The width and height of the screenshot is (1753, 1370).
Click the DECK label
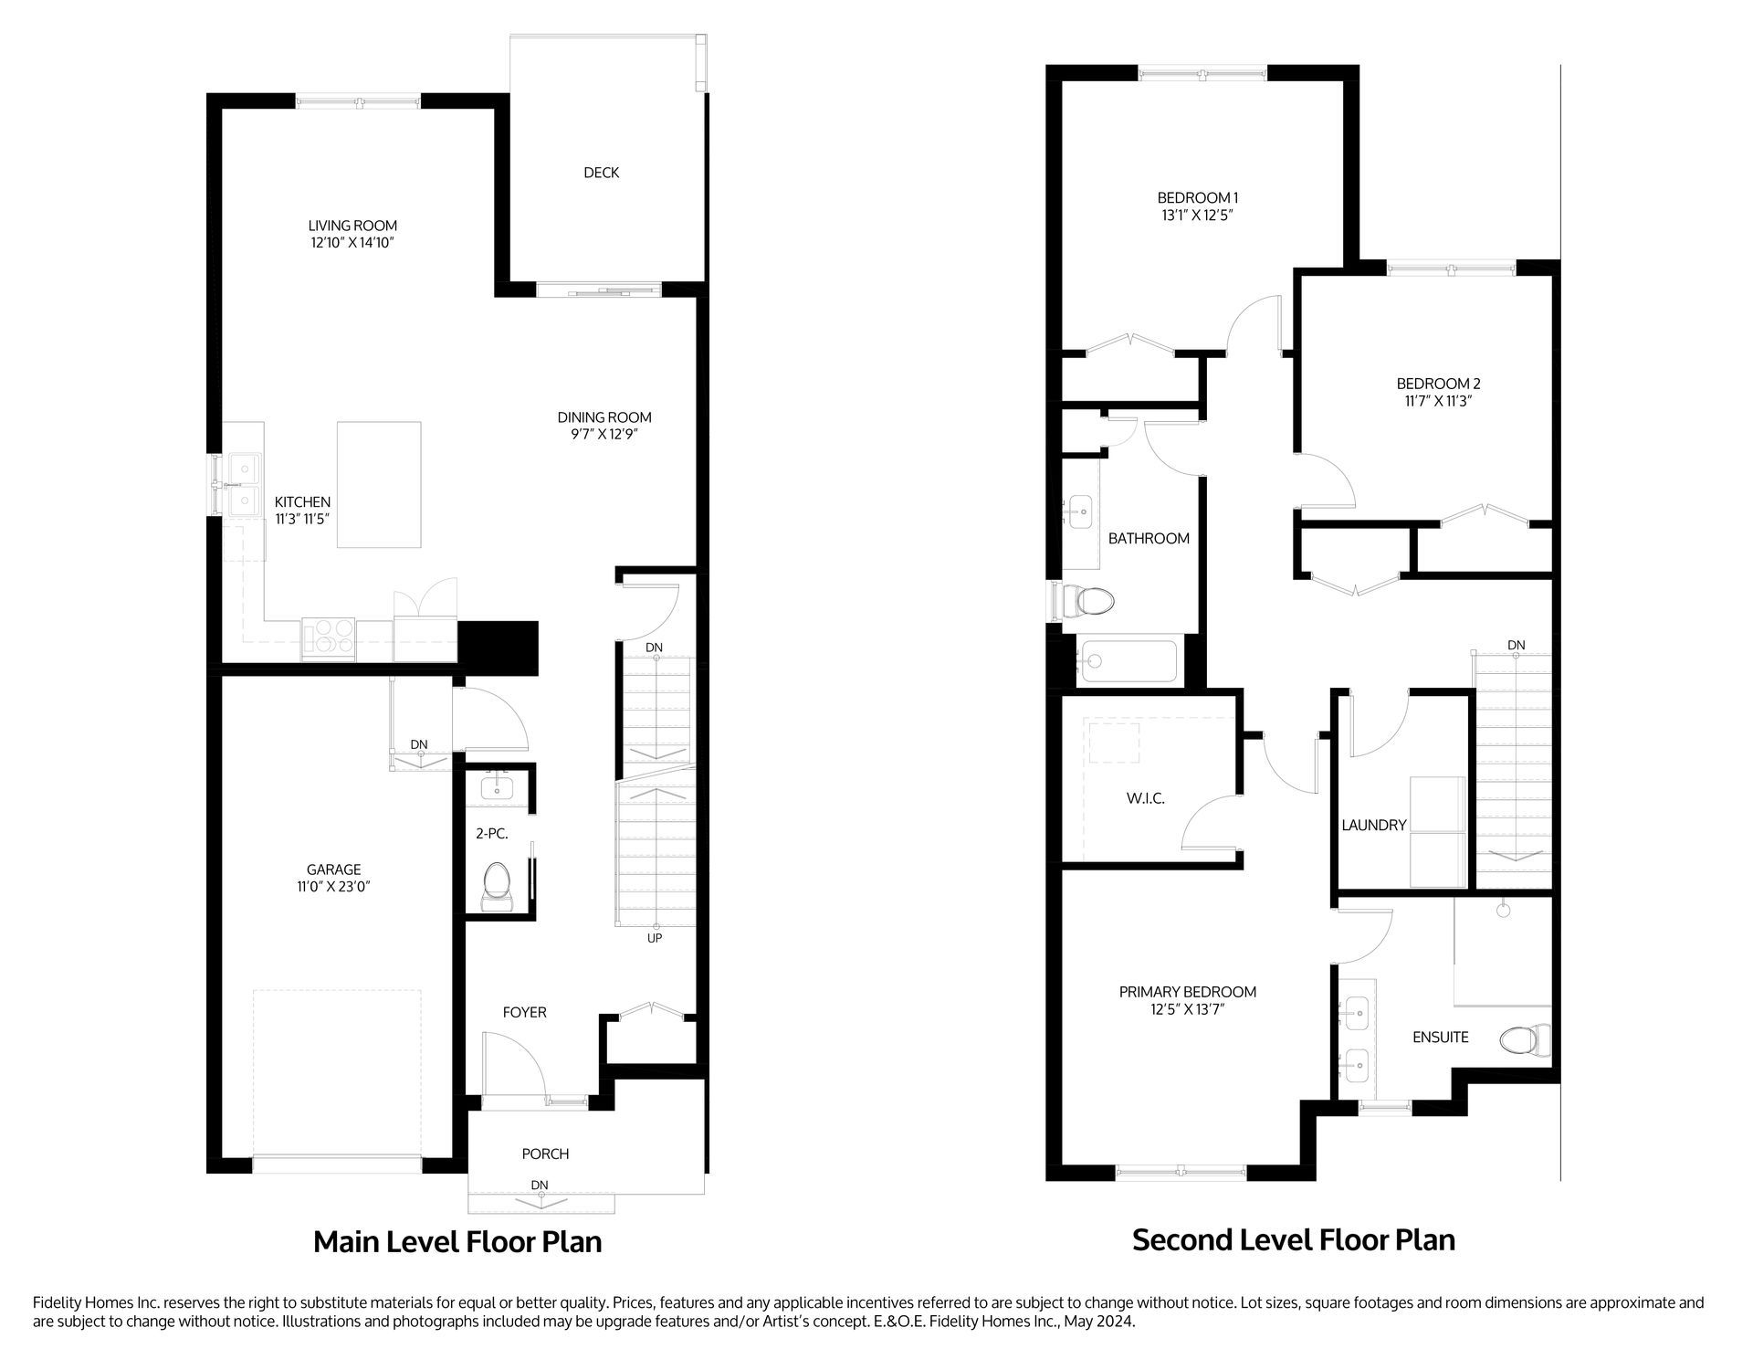pos(601,173)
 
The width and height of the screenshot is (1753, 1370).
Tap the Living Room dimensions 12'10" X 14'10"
pos(352,243)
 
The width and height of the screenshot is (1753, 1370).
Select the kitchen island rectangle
pos(379,484)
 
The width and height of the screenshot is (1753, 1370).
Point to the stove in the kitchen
pos(330,637)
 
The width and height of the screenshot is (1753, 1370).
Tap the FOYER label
pos(525,1012)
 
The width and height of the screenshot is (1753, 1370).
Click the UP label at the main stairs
pos(655,938)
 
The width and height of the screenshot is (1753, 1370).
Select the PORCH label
pos(545,1154)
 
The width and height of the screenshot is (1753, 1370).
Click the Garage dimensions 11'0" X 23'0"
pos(333,887)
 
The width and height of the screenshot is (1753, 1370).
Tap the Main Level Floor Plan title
pos(457,1242)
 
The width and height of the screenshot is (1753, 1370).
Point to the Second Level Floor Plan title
pos(1294,1240)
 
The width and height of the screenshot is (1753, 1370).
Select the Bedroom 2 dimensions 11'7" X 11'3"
pos(1438,401)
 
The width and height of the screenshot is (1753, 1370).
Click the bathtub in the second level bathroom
pos(1130,662)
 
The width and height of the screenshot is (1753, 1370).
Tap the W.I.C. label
pos(1145,798)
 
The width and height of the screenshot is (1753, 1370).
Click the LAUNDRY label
pos(1373,825)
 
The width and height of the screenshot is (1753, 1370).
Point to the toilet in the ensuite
pos(1525,1038)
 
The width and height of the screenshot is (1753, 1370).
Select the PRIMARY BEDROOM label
pos(1188,992)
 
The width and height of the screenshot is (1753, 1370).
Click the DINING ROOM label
pos(604,417)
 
